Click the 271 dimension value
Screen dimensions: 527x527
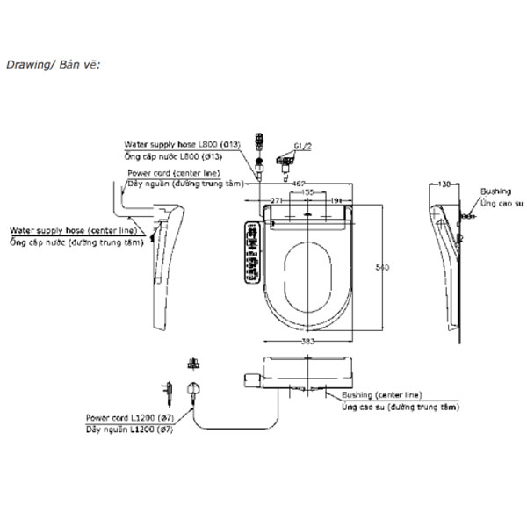pyautogui.click(x=276, y=200)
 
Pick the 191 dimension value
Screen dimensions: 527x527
pyautogui.click(x=337, y=200)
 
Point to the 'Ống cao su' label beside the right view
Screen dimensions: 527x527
pyautogui.click(x=502, y=202)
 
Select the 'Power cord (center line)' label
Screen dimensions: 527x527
pyautogui.click(x=173, y=173)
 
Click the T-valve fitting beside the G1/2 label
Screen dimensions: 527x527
pyautogui.click(x=281, y=159)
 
